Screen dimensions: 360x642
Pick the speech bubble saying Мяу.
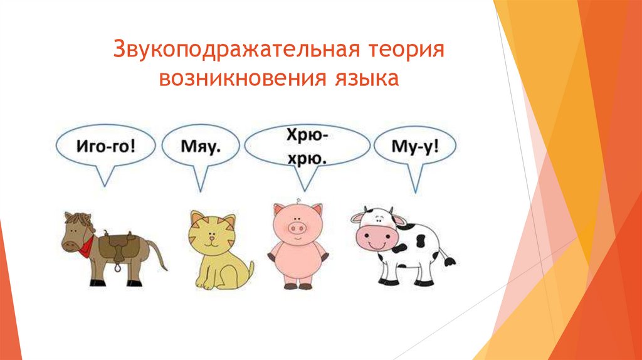click(x=201, y=148)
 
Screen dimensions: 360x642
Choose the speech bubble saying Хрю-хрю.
click(x=307, y=147)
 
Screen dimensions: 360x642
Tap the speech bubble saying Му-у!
click(x=414, y=148)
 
